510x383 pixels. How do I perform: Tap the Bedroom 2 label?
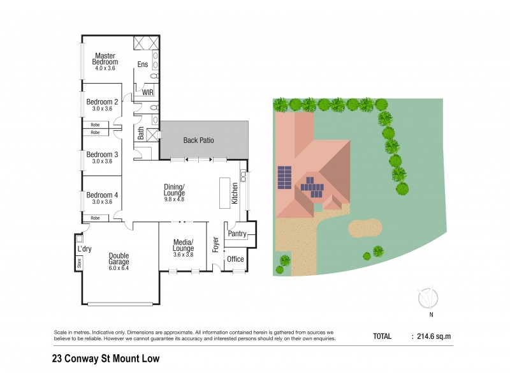(102, 101)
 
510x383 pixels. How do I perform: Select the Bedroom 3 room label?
(102, 154)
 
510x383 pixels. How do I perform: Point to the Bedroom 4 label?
(102, 195)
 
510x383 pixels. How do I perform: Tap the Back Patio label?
(198, 140)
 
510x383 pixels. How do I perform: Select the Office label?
(235, 259)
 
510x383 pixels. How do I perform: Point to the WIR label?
(148, 93)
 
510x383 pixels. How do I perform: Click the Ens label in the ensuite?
(143, 64)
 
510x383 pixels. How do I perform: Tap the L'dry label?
(85, 249)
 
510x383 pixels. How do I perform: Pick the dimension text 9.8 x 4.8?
(174, 199)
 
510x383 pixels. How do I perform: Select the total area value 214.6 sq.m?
(433, 336)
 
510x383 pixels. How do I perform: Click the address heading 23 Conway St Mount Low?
(105, 358)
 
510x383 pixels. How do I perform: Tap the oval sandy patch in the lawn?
(365, 227)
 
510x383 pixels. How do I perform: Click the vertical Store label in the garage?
(80, 262)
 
